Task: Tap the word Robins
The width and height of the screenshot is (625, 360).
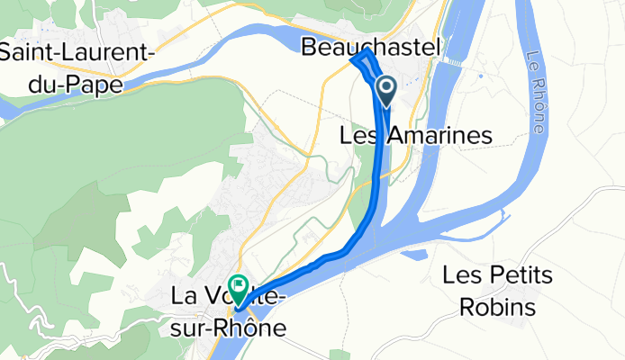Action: [x=497, y=307]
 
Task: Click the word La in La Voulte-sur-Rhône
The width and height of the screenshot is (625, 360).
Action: [x=186, y=295]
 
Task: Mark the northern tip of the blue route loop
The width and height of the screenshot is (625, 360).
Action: [x=366, y=54]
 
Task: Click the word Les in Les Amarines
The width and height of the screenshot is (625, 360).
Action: [x=362, y=136]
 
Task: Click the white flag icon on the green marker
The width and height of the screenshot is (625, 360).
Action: [x=239, y=287]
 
